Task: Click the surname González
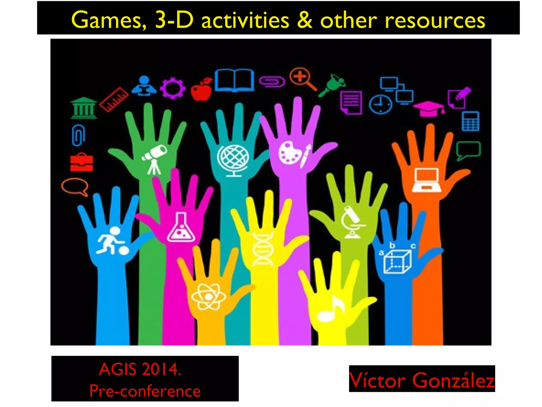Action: click(x=453, y=381)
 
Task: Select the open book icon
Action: click(x=234, y=80)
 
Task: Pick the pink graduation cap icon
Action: click(x=429, y=108)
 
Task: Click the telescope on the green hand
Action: click(x=155, y=159)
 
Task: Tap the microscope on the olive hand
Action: click(x=352, y=222)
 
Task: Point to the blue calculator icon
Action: click(x=470, y=121)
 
